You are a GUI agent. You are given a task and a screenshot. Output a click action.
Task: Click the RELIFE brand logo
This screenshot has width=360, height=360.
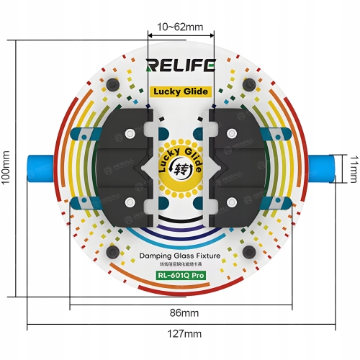181,66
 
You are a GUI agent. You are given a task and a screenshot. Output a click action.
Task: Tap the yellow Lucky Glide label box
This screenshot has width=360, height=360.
180,91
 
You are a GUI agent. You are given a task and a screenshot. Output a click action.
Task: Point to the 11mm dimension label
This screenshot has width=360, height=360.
354,170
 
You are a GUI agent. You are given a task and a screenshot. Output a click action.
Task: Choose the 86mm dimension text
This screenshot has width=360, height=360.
184,313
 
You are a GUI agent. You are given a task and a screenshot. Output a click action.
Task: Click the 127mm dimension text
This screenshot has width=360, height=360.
184,334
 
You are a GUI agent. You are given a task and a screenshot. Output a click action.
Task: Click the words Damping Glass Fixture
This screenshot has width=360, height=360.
180,256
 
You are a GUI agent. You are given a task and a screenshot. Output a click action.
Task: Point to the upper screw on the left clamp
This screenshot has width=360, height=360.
130,134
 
